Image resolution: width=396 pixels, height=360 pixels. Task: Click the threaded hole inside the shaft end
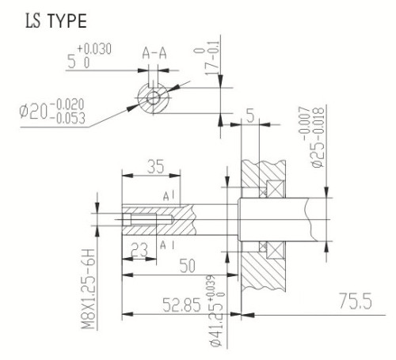[x=147, y=218]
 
